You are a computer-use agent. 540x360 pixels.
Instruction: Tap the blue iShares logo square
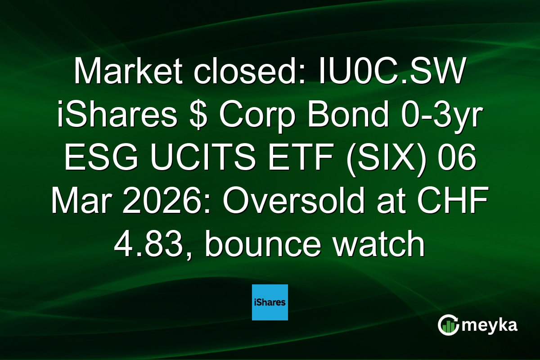[270, 302]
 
